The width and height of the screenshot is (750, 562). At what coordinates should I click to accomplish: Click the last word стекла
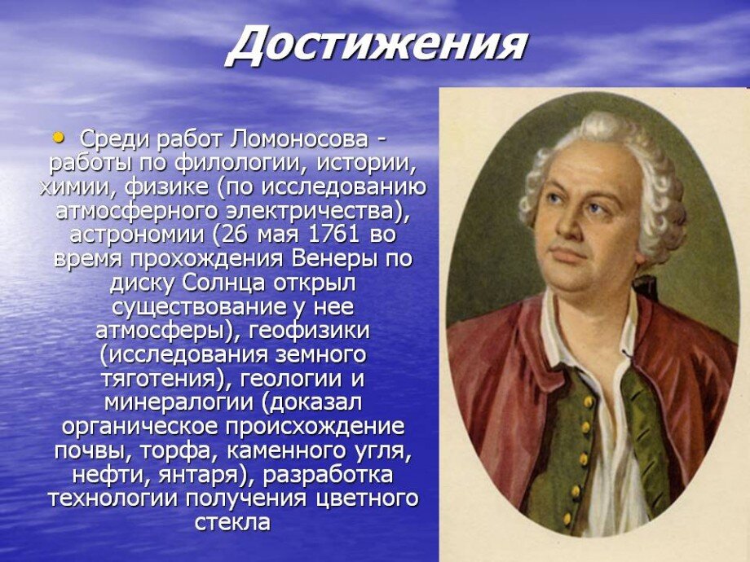[232, 521]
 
